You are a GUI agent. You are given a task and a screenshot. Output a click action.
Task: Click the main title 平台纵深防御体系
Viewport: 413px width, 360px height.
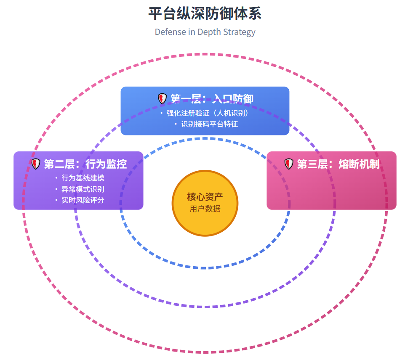[205, 14]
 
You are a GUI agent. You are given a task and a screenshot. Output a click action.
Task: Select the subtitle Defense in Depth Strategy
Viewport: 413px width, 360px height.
[205, 32]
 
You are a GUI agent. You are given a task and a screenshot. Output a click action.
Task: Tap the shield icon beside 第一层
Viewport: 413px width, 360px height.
[162, 99]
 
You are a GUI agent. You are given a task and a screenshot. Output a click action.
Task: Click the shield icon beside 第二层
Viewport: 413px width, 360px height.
[36, 164]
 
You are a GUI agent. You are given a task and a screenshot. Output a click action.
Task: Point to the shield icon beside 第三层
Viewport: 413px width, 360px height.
[288, 164]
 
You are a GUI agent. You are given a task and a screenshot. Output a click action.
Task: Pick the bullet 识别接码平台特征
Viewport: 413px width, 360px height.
[209, 124]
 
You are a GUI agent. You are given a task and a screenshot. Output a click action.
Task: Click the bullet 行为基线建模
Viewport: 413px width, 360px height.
[83, 178]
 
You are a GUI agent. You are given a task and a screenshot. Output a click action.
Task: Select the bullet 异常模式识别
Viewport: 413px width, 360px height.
[83, 189]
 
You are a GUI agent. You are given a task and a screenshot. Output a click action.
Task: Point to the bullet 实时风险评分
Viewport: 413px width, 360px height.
[83, 200]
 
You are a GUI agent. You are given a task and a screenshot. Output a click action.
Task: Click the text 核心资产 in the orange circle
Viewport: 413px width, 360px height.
[205, 197]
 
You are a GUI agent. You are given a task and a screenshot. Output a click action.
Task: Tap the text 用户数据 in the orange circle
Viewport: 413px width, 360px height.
[205, 209]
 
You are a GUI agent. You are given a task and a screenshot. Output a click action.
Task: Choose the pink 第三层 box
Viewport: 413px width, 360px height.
[331, 189]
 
